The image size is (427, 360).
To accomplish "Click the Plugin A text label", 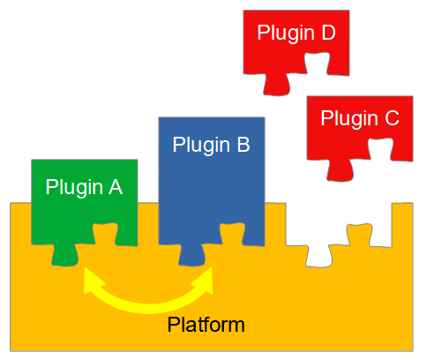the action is [84, 188].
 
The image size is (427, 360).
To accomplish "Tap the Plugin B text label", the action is [211, 145].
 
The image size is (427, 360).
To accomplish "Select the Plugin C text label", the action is [360, 118].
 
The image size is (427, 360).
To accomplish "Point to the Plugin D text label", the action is [296, 33].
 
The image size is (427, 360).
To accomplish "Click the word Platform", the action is [206, 325].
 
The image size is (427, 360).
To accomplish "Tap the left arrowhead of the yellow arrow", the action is [92, 281].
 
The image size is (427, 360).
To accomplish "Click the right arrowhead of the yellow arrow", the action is [204, 281].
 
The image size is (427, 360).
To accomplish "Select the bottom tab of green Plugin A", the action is [65, 255].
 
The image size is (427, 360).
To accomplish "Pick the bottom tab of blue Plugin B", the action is [192, 255].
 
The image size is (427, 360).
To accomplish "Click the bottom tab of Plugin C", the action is [341, 170].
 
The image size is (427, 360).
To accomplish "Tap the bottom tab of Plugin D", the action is [277, 85].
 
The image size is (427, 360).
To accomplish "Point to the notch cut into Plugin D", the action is [317, 64].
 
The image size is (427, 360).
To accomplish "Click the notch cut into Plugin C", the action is [380, 149].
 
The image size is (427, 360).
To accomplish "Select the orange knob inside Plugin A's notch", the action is [105, 234].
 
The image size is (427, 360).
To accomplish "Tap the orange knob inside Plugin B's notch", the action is [232, 234].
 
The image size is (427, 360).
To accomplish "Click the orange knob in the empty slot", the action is [359, 236].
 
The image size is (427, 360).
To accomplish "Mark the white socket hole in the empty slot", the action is [319, 257].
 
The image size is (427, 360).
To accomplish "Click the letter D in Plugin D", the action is [328, 32].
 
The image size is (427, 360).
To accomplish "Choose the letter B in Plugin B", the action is [243, 145].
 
